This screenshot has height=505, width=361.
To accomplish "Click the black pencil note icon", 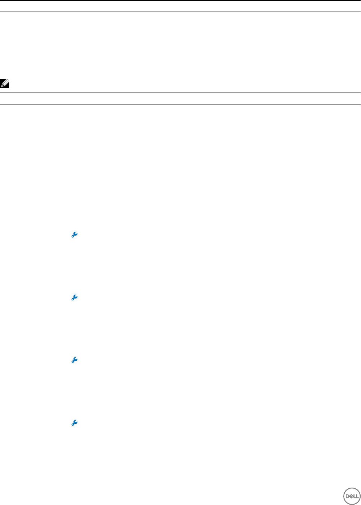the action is click(x=5, y=84).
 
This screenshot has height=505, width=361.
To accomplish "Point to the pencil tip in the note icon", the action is click(x=3, y=86).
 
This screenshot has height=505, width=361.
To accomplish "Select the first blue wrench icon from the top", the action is click(x=74, y=235).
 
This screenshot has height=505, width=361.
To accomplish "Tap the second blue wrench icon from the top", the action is click(x=74, y=298).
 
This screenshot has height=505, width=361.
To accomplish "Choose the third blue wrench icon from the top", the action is click(x=74, y=360).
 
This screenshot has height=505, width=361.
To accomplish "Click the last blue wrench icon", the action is click(x=74, y=423).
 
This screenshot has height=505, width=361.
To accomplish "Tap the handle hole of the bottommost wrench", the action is click(x=73, y=424).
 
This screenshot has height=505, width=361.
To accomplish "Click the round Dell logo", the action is click(x=352, y=496).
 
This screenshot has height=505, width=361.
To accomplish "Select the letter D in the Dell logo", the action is click(x=347, y=496).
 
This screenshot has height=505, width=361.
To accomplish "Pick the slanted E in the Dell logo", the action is click(x=350, y=496).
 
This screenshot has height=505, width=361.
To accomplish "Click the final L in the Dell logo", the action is click(x=357, y=496).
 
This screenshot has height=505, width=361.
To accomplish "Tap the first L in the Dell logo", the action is click(x=354, y=496).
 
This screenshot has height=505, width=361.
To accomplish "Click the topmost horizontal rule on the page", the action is click(x=180, y=0).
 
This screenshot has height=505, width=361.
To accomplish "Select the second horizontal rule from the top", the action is click(x=180, y=12).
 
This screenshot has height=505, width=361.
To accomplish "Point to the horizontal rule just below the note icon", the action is click(x=180, y=93).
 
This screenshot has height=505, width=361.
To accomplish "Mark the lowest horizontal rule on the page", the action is click(x=180, y=104).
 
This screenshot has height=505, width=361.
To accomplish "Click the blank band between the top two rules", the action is click(x=180, y=6).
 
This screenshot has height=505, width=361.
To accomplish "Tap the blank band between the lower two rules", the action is click(x=180, y=99).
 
